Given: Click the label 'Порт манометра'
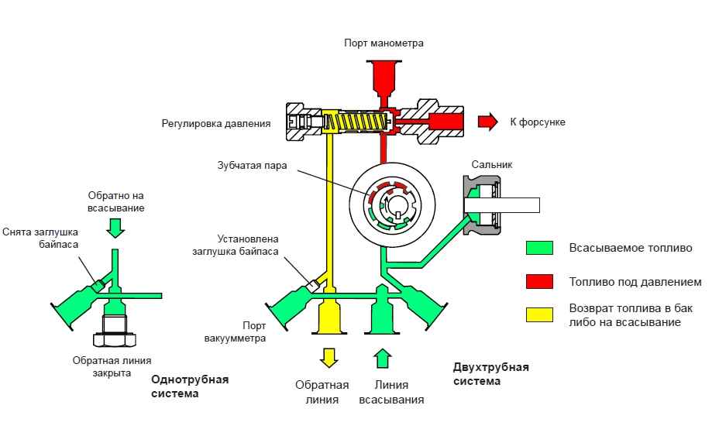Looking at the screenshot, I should pos(384,43).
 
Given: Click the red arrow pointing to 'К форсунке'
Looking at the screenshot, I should pos(487,122).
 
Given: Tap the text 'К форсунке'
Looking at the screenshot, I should pos(538,122).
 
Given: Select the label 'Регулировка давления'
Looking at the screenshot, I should pos(216,122).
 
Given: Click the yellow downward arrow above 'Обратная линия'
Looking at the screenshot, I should pos(330,358).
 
